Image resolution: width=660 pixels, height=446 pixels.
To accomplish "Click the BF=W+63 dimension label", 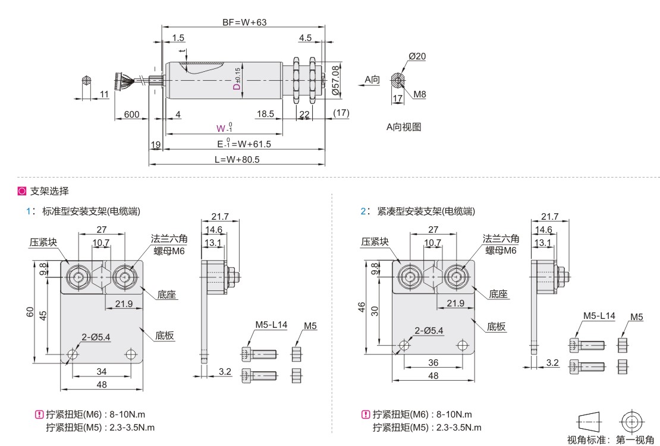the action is (x=244, y=22).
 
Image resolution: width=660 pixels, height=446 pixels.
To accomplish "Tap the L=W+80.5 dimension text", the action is (x=237, y=160).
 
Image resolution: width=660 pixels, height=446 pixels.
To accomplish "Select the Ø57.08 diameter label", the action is (x=335, y=80).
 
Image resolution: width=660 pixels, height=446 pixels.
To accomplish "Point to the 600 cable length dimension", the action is (x=132, y=115).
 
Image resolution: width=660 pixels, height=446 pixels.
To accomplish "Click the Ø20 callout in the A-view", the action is (x=417, y=56).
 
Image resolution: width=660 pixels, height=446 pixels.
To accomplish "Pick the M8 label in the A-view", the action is (x=420, y=94).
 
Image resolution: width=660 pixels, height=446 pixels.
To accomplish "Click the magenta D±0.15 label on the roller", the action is (x=237, y=78).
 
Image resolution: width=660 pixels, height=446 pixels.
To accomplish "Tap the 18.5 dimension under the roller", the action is (x=265, y=114).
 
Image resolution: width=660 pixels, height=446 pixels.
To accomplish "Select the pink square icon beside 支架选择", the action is (x=22, y=191).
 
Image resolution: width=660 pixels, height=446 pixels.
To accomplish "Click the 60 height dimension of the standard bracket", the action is (x=30, y=312).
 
